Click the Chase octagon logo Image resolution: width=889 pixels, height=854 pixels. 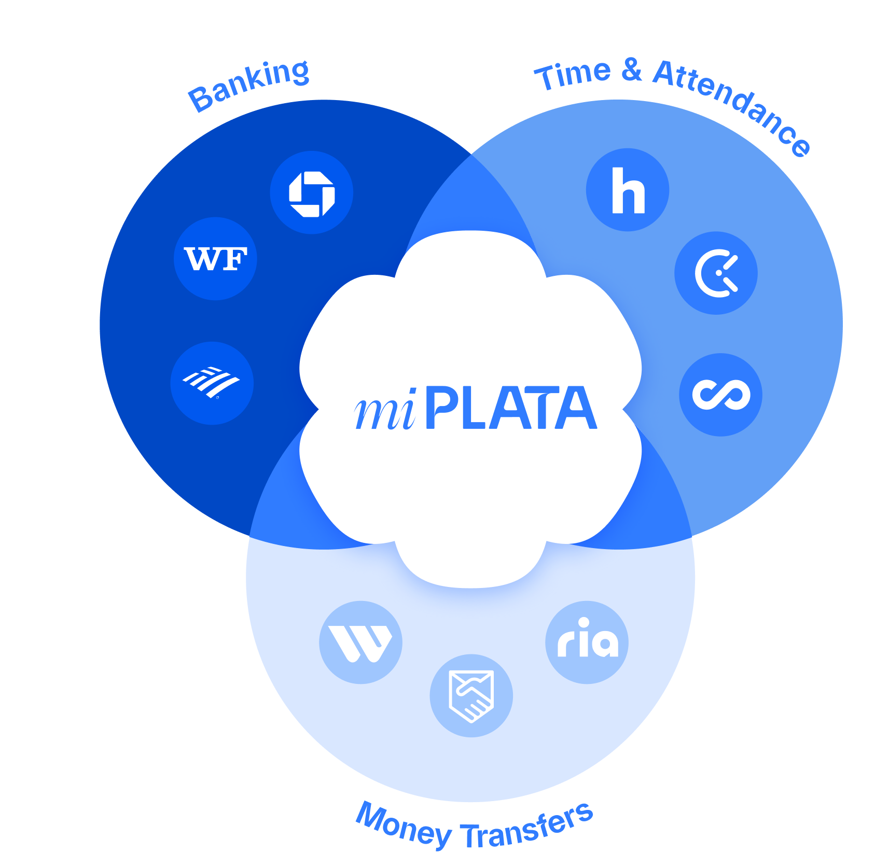pos(312,193)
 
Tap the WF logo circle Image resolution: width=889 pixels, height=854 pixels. pos(215,259)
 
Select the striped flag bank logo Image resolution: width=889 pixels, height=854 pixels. pos(212,383)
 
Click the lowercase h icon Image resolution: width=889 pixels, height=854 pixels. pos(628,190)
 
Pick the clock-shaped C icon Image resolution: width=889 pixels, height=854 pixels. pos(716,273)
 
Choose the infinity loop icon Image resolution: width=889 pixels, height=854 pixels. pos(720,395)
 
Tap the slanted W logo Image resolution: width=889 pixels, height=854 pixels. pos(360,642)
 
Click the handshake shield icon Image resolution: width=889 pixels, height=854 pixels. pos(471,695)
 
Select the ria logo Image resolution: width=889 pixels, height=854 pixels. pos(587,642)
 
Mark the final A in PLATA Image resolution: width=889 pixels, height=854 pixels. pos(578,409)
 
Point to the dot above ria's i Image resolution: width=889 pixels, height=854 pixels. pos(584,622)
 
